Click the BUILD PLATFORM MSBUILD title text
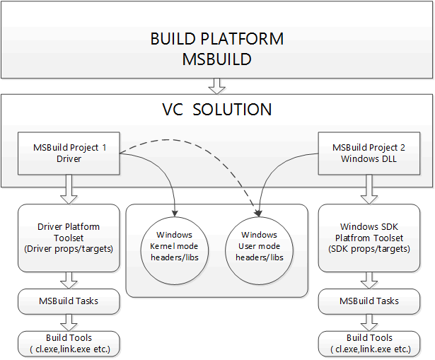[216, 49]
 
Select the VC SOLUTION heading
[217, 110]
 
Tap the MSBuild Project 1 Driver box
[69, 153]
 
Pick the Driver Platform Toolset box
[69, 238]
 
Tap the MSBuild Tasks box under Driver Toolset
[69, 301]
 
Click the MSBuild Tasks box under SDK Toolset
[368, 301]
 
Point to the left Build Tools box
[69, 344]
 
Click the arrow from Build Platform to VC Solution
[217, 86]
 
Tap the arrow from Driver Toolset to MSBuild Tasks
[69, 280]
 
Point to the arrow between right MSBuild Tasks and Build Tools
[368, 323]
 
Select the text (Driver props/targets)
[69, 249]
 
